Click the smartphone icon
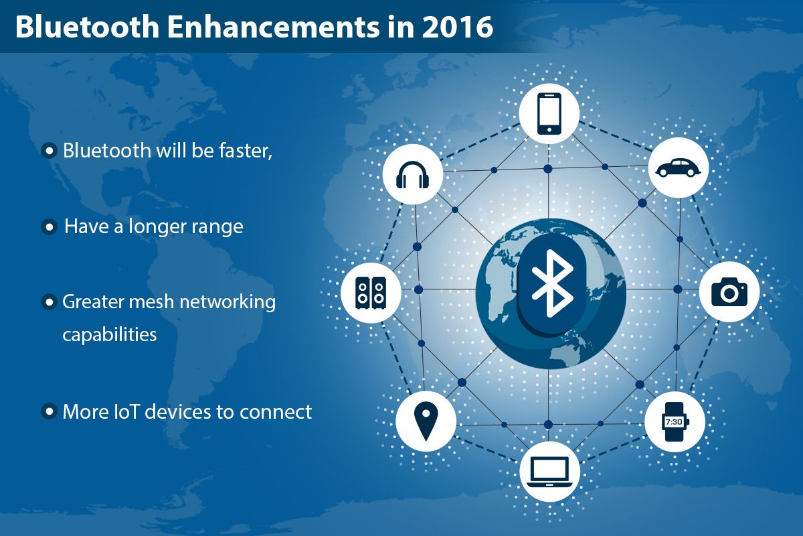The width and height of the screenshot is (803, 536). pos(549,114)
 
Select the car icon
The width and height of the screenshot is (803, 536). pos(679,167)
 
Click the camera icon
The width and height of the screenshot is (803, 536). pos(729,292)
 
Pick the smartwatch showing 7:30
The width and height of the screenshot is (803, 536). pos(675,421)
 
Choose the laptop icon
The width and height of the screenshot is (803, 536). pos(549,472)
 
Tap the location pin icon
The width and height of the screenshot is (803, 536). pos(426,421)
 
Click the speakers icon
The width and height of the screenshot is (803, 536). pos(371,293)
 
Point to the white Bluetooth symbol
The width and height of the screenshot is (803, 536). pos(552,283)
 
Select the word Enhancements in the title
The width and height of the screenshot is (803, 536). pos(273,27)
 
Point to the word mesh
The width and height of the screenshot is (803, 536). pos(151,301)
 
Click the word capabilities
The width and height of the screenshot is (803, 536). pos(110,335)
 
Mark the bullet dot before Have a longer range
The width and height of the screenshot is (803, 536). pos(50,227)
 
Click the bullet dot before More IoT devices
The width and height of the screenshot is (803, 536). pos(50,411)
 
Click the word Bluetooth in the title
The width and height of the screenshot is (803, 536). pos(88,27)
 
